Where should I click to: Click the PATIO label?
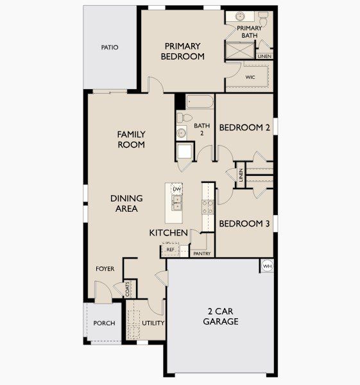110,47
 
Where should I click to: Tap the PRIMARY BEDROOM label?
183,51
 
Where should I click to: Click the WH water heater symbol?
267,266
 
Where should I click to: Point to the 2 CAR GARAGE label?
221,316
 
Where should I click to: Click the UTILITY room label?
153,323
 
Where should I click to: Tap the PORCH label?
104,323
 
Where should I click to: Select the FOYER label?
105,269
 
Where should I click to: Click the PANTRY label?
202,253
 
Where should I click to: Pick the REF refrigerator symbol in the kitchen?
171,249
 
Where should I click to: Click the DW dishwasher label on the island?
177,189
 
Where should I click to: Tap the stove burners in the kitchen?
208,206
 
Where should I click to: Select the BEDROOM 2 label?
244,128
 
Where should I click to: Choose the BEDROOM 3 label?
244,224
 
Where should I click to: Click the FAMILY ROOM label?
131,139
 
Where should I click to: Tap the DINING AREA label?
126,203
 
